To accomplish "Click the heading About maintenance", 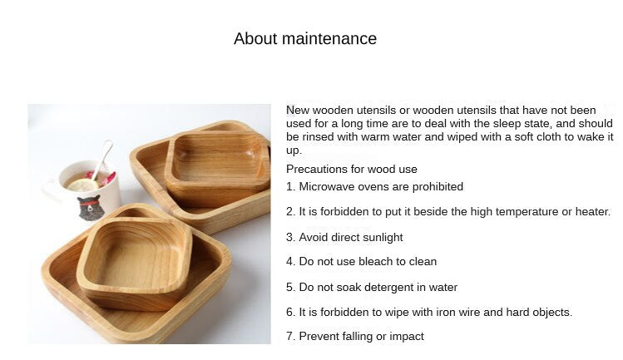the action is tap(305, 38).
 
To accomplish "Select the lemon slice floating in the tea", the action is tap(82, 185).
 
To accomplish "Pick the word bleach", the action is tap(377, 261).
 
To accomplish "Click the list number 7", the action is tap(290, 336).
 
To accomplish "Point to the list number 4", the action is tap(290, 261).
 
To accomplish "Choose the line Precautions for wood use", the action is tap(352, 170).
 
